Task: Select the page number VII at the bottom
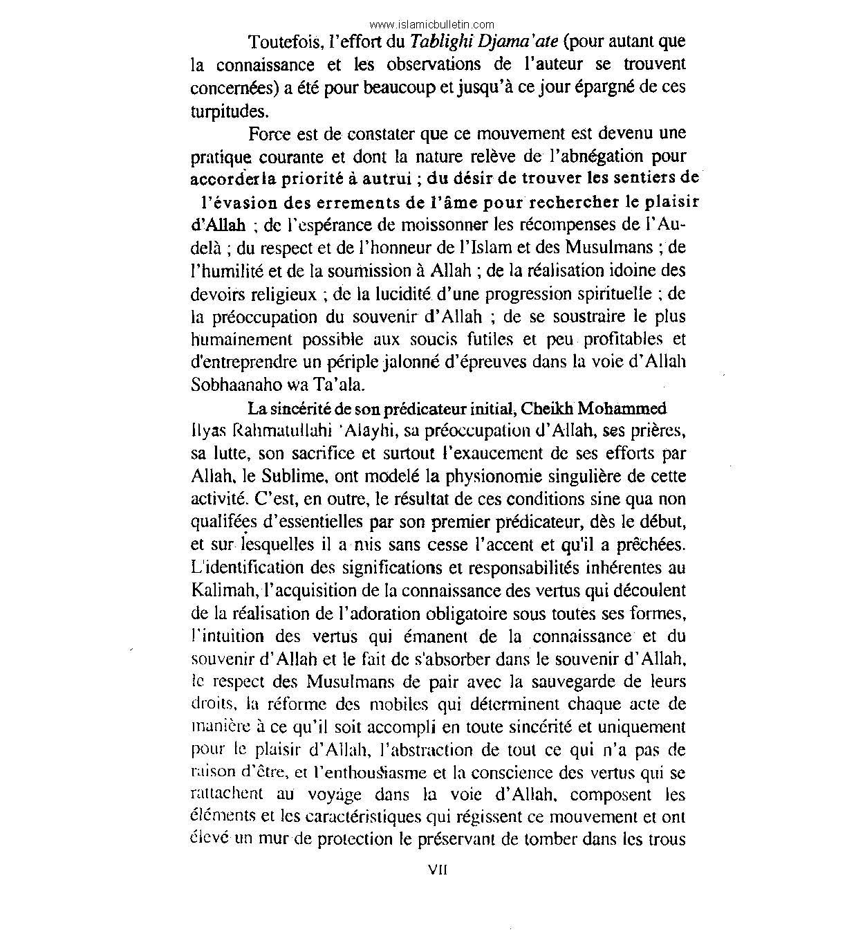438,871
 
